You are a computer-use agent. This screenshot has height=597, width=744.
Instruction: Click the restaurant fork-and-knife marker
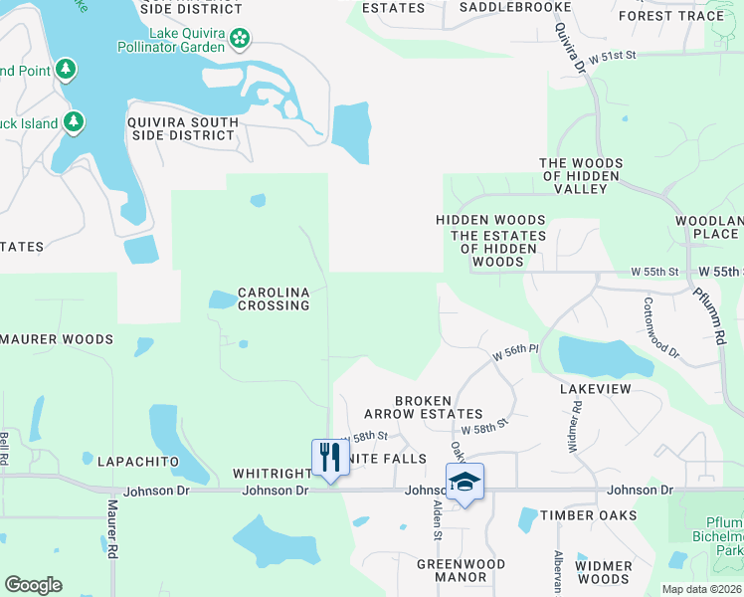point(329,458)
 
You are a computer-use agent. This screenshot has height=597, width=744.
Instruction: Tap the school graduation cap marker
point(465,483)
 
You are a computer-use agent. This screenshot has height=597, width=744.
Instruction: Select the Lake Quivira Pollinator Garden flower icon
point(239,39)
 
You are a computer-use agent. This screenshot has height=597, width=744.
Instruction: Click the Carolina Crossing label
point(274,298)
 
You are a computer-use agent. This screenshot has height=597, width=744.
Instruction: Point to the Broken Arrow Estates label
point(439,407)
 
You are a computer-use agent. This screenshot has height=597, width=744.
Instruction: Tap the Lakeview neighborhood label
point(595,389)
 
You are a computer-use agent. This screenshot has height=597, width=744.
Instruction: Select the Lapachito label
point(137,461)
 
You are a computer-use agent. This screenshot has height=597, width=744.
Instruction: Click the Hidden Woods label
point(490,220)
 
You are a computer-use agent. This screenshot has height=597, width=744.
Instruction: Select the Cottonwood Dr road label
point(660,328)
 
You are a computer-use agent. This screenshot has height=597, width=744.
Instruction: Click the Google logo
point(33,585)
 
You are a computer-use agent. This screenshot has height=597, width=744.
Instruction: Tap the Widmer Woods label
point(603,572)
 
